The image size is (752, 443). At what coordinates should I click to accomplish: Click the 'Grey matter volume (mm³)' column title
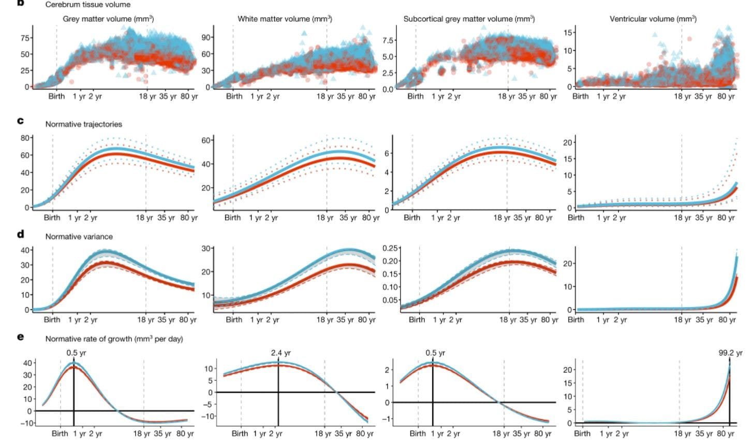point(108,19)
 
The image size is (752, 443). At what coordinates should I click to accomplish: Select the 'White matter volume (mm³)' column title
point(285,19)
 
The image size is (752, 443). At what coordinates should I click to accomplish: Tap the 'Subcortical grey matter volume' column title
point(469,19)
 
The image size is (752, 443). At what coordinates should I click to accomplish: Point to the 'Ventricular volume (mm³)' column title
point(653,19)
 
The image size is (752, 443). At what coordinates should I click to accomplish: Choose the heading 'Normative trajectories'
point(84,124)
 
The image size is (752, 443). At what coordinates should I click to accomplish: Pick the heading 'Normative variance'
point(79,237)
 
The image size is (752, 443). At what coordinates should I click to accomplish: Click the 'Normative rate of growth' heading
point(114,339)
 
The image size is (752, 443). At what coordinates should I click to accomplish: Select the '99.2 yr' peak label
point(730,353)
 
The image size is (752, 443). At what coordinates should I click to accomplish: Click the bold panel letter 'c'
point(20,121)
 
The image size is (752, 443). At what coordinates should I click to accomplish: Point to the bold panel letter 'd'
point(20,234)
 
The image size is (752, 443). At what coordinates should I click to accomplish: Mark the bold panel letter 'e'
point(20,336)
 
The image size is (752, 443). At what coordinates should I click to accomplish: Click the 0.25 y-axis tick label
point(391,248)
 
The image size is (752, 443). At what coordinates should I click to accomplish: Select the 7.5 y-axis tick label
point(389,40)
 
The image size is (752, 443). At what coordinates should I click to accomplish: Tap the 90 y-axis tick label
point(207,38)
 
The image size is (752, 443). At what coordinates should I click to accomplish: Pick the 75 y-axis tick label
point(25,38)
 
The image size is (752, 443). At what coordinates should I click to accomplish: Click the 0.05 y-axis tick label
point(391,300)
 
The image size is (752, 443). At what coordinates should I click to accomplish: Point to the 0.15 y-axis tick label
point(391,274)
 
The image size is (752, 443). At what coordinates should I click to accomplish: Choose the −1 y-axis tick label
point(389,419)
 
